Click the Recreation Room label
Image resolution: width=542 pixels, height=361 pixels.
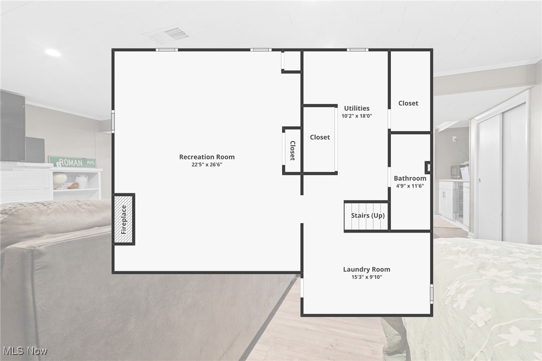207,157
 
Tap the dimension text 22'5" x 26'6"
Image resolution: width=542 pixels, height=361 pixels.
207,164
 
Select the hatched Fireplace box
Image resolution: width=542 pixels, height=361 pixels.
124,219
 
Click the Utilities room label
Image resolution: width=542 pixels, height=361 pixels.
356,108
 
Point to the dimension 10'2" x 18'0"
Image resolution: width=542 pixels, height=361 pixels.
356,116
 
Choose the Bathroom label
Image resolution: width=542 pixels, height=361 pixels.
410,178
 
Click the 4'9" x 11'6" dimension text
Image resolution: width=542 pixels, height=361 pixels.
410,186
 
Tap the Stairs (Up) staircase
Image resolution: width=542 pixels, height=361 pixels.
367,216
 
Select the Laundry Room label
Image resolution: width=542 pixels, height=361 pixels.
366,270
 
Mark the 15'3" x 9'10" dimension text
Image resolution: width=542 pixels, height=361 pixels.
366,277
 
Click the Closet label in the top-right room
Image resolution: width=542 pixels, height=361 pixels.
408,103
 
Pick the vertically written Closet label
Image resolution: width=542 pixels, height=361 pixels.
292,150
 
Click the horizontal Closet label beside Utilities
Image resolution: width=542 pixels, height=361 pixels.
319,137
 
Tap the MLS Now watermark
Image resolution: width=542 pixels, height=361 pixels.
24,351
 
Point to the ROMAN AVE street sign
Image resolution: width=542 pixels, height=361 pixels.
72,162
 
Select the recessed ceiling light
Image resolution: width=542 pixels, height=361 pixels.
52,52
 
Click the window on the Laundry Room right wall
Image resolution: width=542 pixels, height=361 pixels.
431,294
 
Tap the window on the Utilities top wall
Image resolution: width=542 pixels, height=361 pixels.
357,49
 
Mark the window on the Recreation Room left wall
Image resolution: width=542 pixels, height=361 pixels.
113,121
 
